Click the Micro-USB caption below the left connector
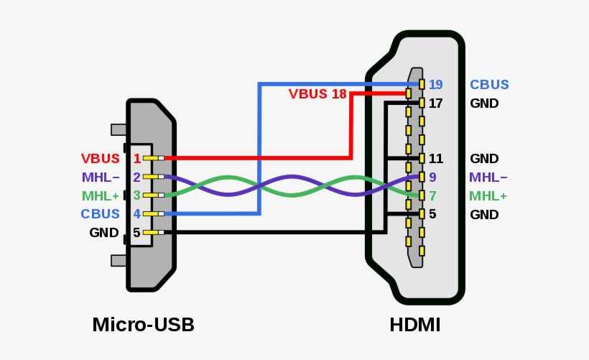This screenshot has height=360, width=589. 143,325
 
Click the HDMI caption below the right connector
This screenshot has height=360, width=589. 414,325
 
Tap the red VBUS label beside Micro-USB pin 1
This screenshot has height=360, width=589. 100,158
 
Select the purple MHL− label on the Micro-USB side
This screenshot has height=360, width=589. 101,177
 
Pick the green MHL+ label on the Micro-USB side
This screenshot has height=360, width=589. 101,195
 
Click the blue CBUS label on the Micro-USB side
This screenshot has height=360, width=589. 101,214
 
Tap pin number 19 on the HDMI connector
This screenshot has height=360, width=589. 435,85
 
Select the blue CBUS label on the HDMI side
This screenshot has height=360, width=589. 489,85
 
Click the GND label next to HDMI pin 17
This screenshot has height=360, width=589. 484,103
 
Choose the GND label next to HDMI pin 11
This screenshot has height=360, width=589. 484,159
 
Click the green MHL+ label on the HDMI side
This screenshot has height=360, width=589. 488,196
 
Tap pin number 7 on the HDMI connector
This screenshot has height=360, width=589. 432,196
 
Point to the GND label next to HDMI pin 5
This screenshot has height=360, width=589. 484,215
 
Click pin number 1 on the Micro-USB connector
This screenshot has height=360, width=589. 136,158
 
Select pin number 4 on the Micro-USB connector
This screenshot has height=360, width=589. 136,214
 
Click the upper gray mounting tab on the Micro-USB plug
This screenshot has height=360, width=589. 119,130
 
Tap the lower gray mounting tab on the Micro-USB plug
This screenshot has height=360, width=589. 119,260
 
